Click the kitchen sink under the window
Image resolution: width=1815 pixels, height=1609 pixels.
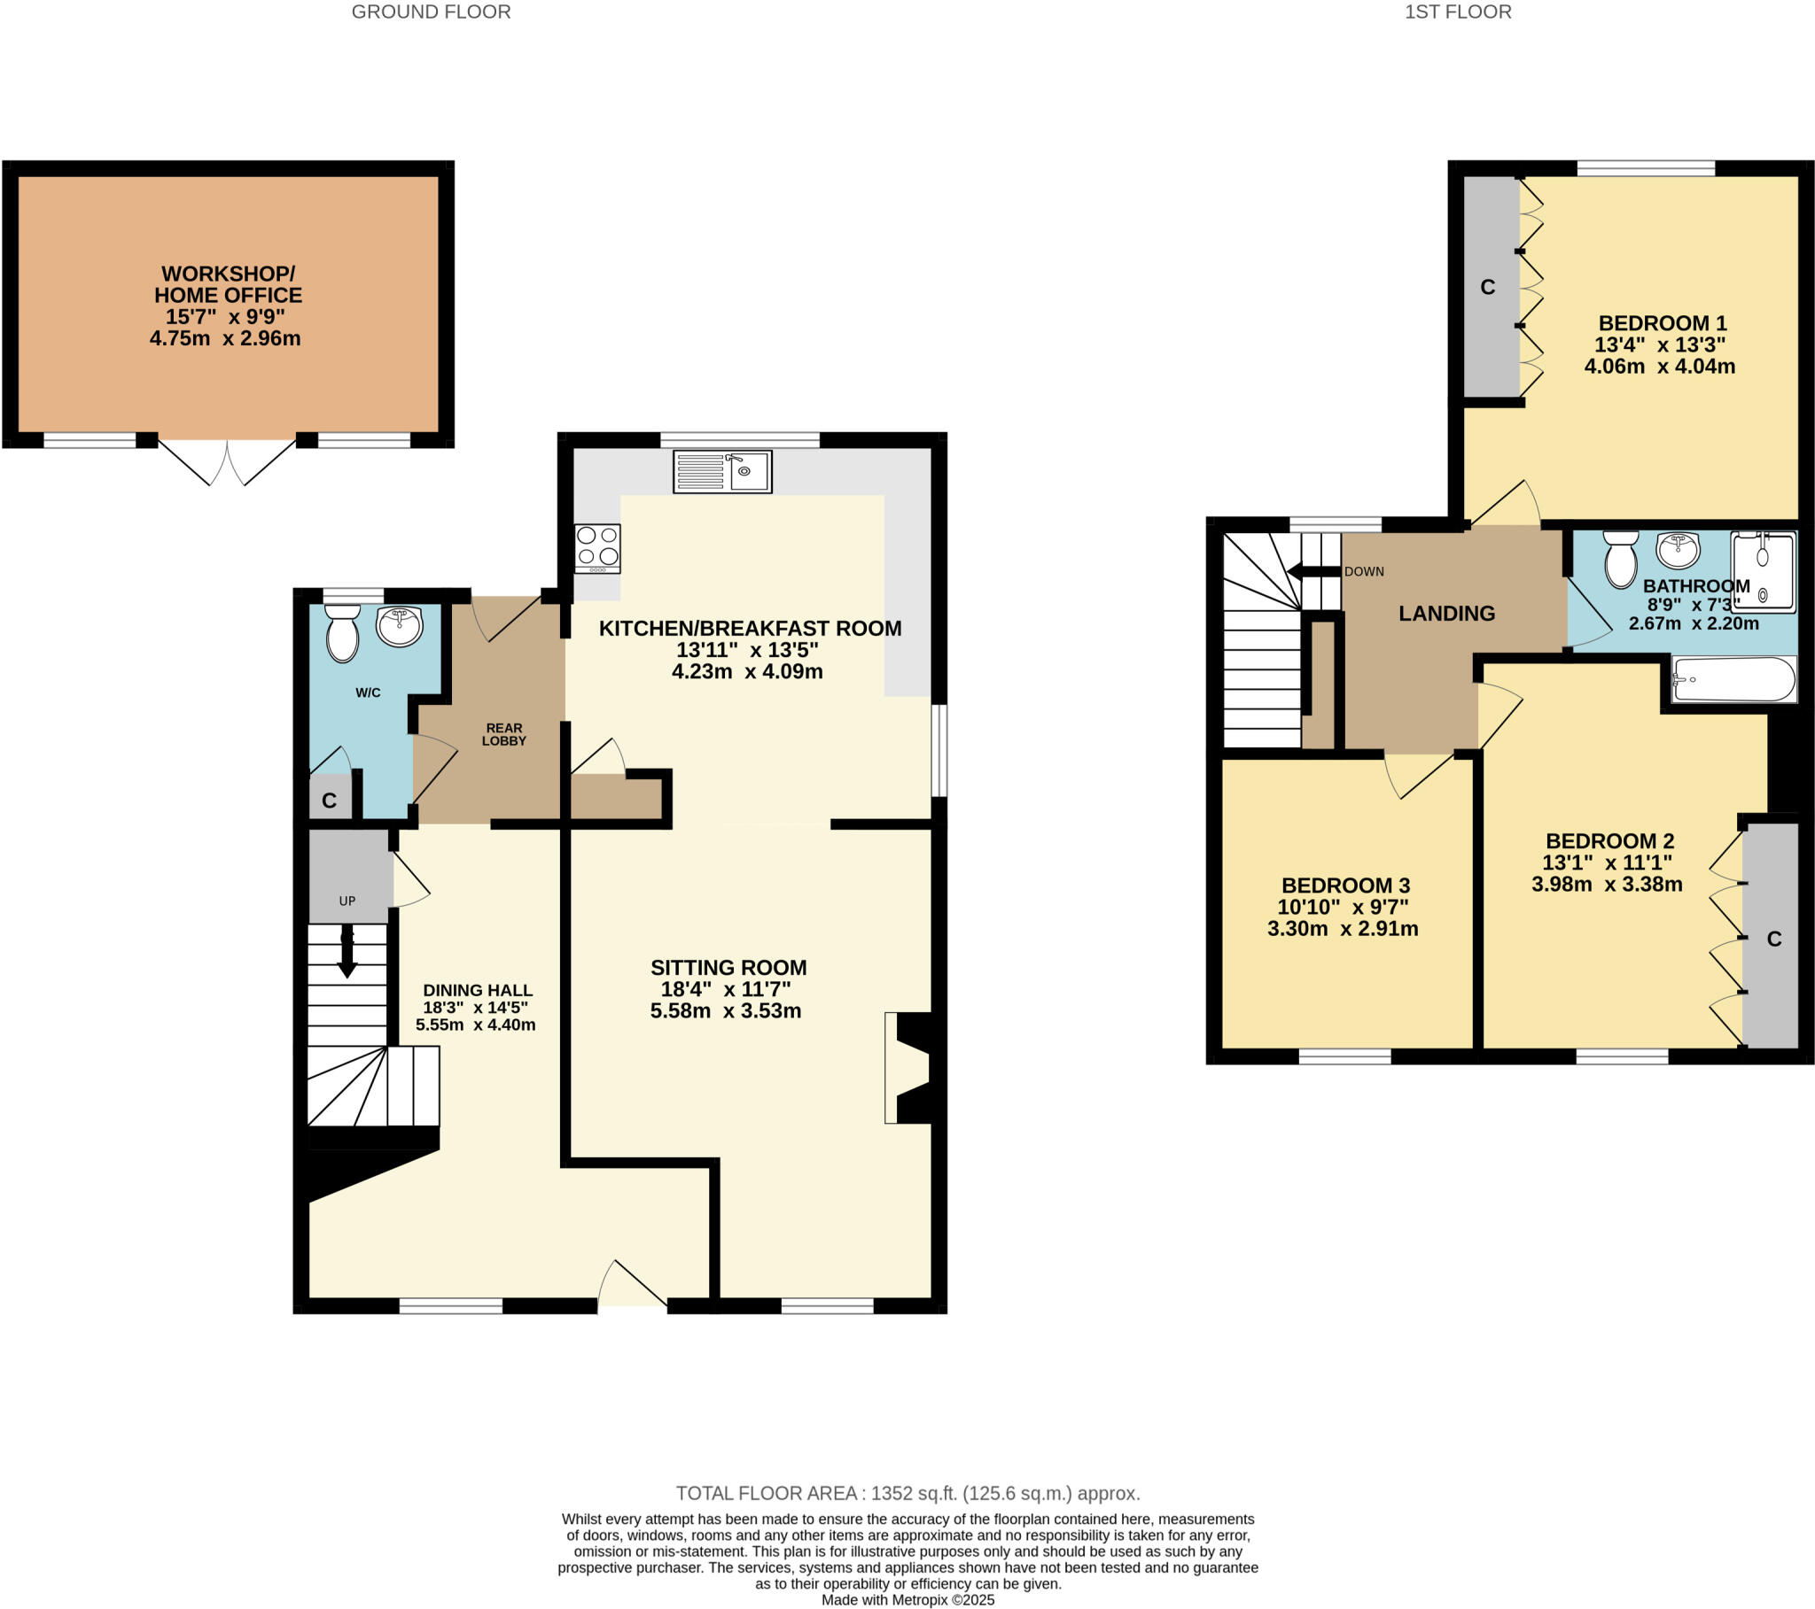pos(722,471)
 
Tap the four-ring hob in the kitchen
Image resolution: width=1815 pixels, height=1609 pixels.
pos(597,547)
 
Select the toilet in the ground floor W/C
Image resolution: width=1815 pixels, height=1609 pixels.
pos(343,633)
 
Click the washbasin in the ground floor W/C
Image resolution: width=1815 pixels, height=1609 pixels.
pos(400,627)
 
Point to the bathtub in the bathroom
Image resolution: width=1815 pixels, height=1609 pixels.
pos(1733,680)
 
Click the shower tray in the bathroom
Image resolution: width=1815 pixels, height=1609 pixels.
pos(1763,571)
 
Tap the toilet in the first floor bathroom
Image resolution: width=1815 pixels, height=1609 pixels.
pos(1621,559)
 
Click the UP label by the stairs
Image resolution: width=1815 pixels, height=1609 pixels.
pos(347,901)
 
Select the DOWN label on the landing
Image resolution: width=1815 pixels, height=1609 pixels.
pos(1364,571)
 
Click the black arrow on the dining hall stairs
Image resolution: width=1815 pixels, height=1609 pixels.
pos(347,952)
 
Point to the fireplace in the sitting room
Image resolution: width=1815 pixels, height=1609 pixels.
pos(907,1068)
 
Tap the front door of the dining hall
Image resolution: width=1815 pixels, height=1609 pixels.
pos(632,1286)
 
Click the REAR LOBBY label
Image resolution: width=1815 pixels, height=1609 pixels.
pos(503,734)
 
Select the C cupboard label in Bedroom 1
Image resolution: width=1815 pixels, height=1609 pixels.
pos(1488,288)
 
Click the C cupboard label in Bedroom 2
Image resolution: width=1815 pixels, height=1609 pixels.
pos(1774,939)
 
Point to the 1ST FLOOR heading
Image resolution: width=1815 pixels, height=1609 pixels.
pos(1457,12)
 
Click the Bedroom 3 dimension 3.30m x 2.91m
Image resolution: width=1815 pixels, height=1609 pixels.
pos(1342,929)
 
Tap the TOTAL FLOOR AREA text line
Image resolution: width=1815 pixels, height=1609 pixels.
pos(907,1493)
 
